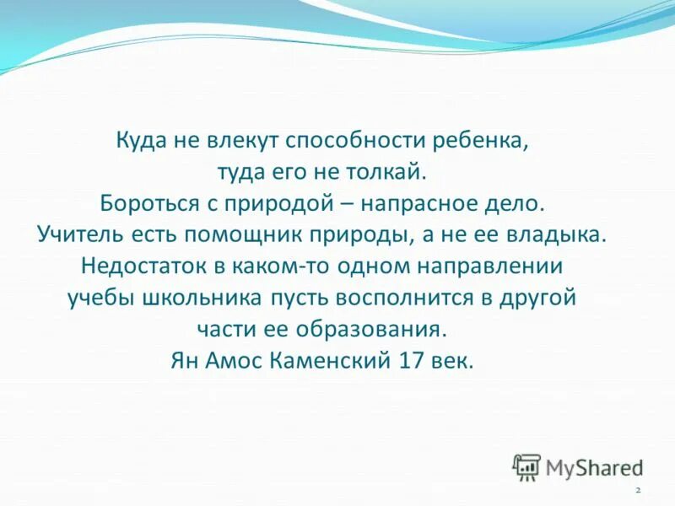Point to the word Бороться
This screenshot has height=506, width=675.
tap(141, 203)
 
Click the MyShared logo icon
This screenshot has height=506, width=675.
tap(526, 466)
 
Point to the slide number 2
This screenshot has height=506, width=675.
tap(637, 490)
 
